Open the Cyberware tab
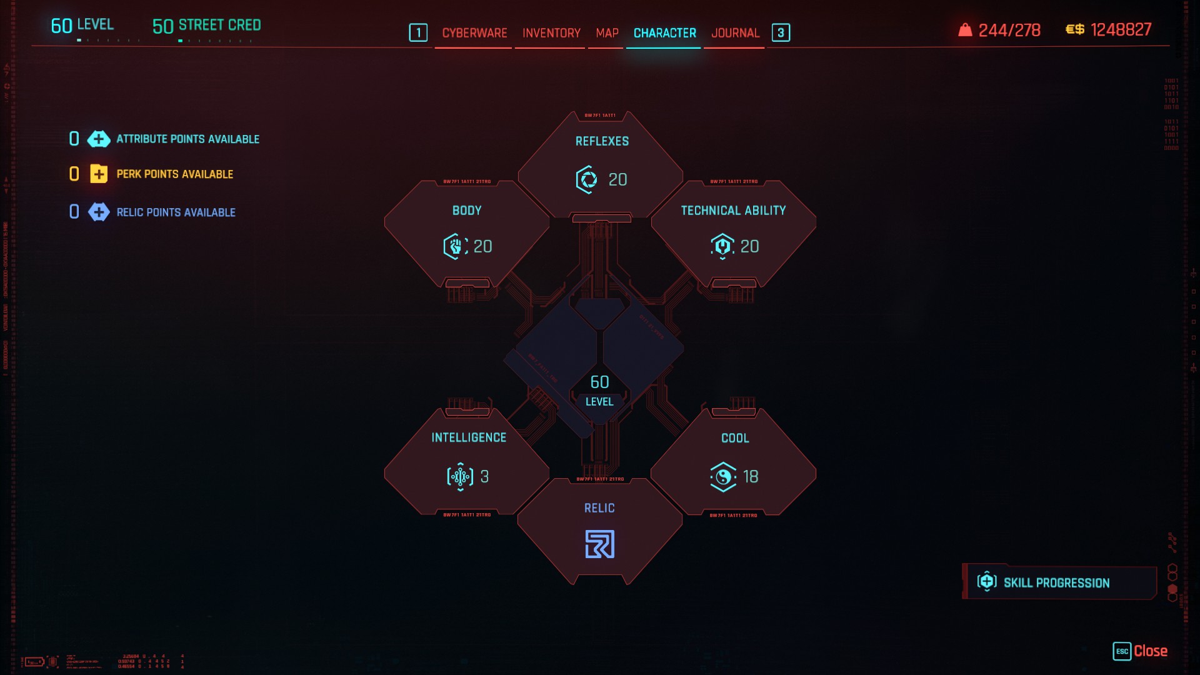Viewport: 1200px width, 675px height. click(x=474, y=33)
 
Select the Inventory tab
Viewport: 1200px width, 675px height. click(x=551, y=33)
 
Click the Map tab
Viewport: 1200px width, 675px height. click(x=607, y=33)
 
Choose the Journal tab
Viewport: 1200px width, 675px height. click(x=735, y=33)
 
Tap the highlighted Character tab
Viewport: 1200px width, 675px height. click(x=664, y=33)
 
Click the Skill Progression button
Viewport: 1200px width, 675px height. click(x=1056, y=582)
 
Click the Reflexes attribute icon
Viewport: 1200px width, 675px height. click(x=586, y=180)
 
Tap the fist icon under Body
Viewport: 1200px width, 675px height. click(x=455, y=246)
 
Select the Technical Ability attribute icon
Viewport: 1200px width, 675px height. click(x=722, y=246)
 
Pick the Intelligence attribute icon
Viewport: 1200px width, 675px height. click(x=460, y=477)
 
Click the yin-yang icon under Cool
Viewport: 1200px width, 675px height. click(x=723, y=477)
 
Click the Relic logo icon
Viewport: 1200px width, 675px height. click(x=599, y=544)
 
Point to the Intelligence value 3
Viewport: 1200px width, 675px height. click(x=484, y=477)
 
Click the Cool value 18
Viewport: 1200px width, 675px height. click(x=751, y=477)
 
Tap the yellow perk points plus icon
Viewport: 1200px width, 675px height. click(x=99, y=174)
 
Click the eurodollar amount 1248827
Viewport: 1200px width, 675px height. click(x=1121, y=30)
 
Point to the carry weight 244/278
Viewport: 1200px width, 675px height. click(x=1009, y=30)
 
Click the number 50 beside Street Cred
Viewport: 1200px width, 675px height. click(x=162, y=26)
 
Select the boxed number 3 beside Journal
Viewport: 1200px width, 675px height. click(x=781, y=33)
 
